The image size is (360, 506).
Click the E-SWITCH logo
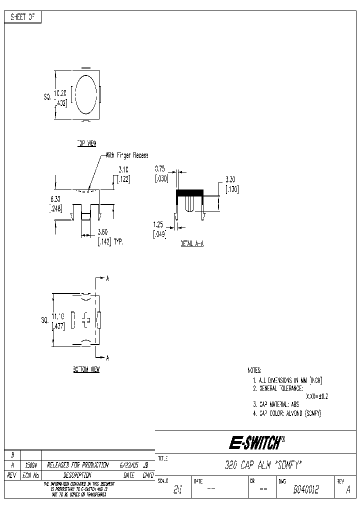[257, 442]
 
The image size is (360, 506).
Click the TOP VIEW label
[86, 143]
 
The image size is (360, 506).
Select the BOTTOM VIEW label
[86, 369]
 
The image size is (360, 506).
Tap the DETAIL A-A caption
[192, 243]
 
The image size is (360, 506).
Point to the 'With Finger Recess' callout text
[126, 155]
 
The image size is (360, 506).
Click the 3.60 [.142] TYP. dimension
[109, 236]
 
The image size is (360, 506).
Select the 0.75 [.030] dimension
[160, 174]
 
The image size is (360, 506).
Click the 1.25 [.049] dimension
[159, 229]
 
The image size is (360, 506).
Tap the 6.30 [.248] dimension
[55, 204]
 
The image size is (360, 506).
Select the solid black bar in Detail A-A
[189, 192]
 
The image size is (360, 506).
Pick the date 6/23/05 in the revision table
[129, 464]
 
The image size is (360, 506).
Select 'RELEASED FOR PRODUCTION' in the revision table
[77, 464]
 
